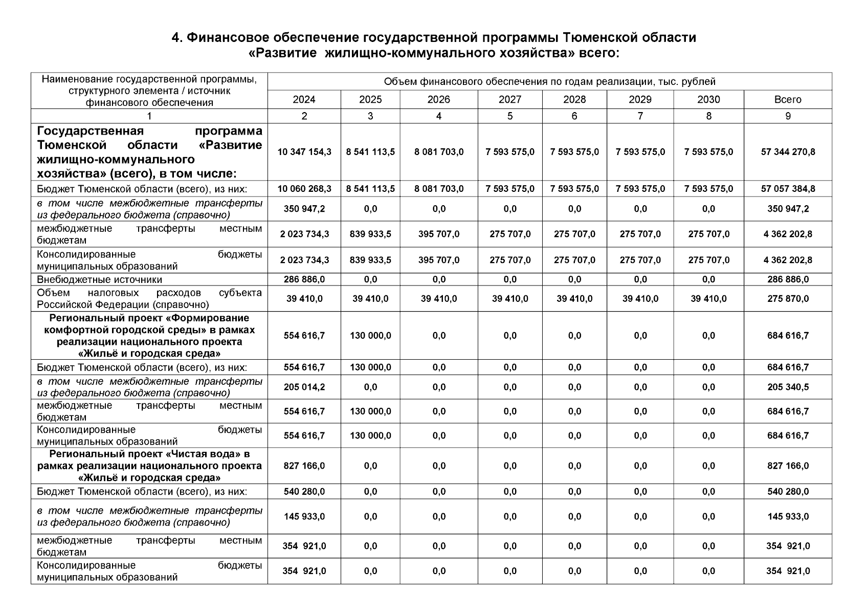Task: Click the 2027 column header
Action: (x=509, y=99)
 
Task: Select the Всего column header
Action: (x=788, y=99)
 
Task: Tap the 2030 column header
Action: (x=708, y=99)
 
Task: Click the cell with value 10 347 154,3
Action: (x=304, y=152)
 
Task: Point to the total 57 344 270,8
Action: (x=788, y=152)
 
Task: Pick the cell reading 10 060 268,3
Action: (x=304, y=189)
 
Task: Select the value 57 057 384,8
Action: (x=788, y=189)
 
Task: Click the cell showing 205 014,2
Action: (x=304, y=387)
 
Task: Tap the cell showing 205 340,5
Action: (x=788, y=387)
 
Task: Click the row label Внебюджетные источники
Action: (x=99, y=280)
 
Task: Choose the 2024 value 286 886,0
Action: (x=304, y=279)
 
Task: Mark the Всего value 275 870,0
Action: (x=788, y=299)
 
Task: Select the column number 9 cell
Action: (x=788, y=116)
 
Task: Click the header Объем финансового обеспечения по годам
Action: (x=549, y=82)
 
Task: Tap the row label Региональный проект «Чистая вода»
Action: (x=149, y=466)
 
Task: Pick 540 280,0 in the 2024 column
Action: (x=304, y=492)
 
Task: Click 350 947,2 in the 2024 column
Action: (x=304, y=209)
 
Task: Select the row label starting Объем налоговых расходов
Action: (x=149, y=299)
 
